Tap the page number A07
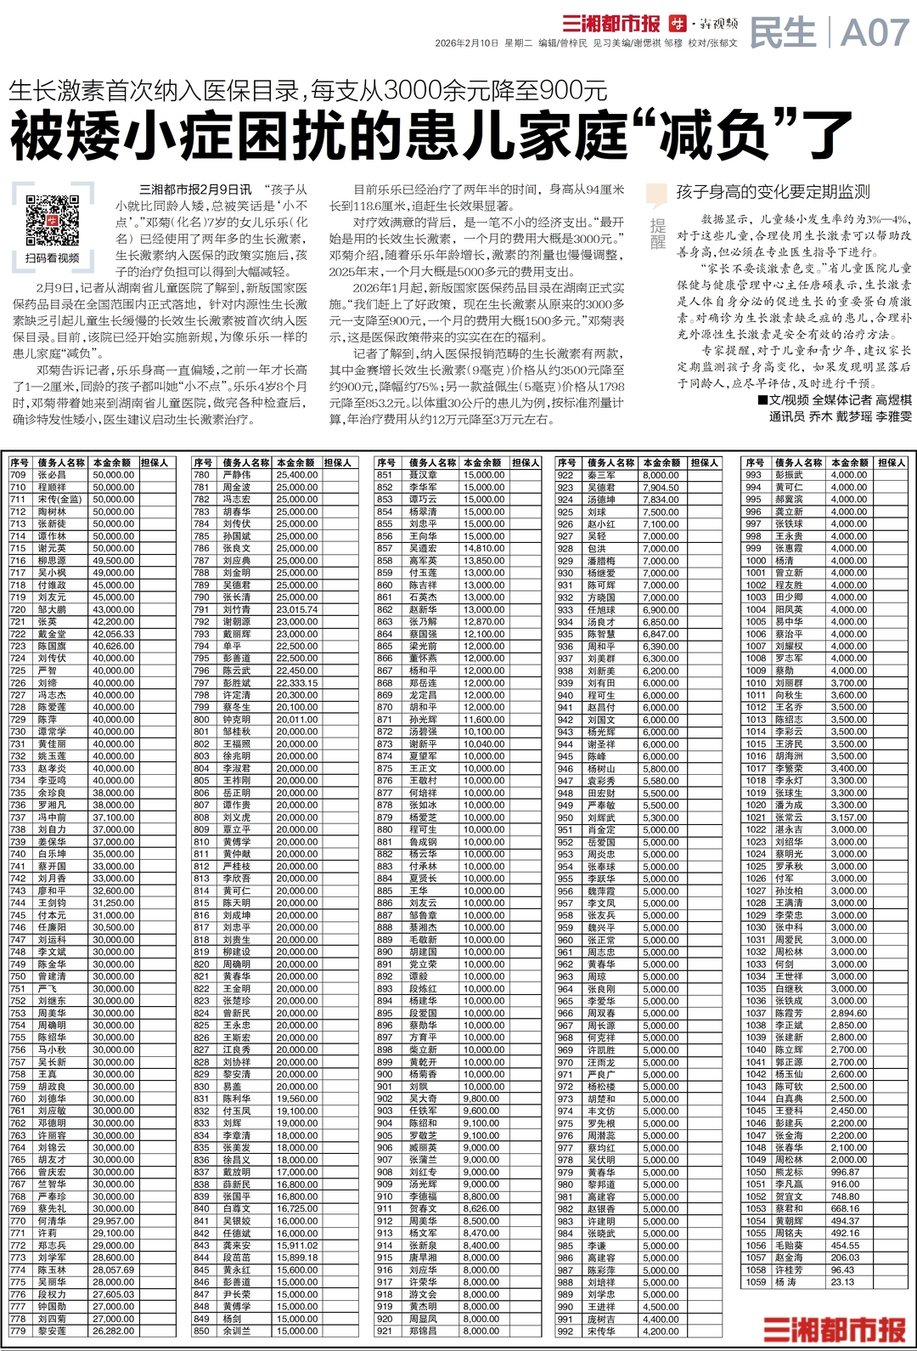pyautogui.click(x=874, y=34)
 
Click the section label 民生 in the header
pyautogui.click(x=783, y=34)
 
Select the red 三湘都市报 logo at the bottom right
pyautogui.click(x=834, y=1330)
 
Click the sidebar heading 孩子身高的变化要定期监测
pyautogui.click(x=773, y=192)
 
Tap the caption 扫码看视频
pyautogui.click(x=52, y=258)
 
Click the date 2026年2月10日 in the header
pyautogui.click(x=466, y=43)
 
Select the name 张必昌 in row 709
pyautogui.click(x=51, y=475)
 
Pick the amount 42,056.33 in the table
pyautogui.click(x=113, y=634)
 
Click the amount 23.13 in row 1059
pyautogui.click(x=842, y=1282)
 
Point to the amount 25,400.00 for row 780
pyautogui.click(x=296, y=475)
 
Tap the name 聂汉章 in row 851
pyautogui.click(x=422, y=475)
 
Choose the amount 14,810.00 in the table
pyautogui.click(x=483, y=548)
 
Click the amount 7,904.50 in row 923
pyautogui.click(x=661, y=488)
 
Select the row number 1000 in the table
pyautogui.click(x=756, y=561)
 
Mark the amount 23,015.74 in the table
pyautogui.click(x=296, y=609)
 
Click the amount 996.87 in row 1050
pyautogui.click(x=845, y=1172)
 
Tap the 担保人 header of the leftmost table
pyautogui.click(x=155, y=462)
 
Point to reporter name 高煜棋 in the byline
pyautogui.click(x=893, y=399)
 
